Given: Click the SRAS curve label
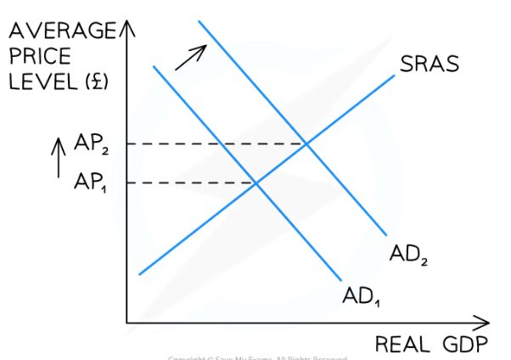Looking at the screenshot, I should pos(429,65).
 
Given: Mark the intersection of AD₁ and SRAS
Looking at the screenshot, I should pos(256,183).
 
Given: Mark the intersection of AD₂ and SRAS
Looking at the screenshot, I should pos(306,143).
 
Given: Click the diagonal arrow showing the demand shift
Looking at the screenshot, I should pos(192,56).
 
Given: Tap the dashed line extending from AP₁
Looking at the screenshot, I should pos(195,183).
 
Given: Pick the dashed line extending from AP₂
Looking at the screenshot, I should pos(221,143).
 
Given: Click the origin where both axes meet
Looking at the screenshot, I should pos(127,323).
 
